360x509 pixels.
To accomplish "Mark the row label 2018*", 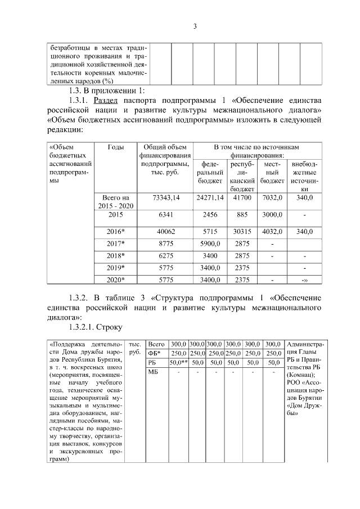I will (x=115, y=256).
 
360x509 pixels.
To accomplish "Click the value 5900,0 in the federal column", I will (x=210, y=244).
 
